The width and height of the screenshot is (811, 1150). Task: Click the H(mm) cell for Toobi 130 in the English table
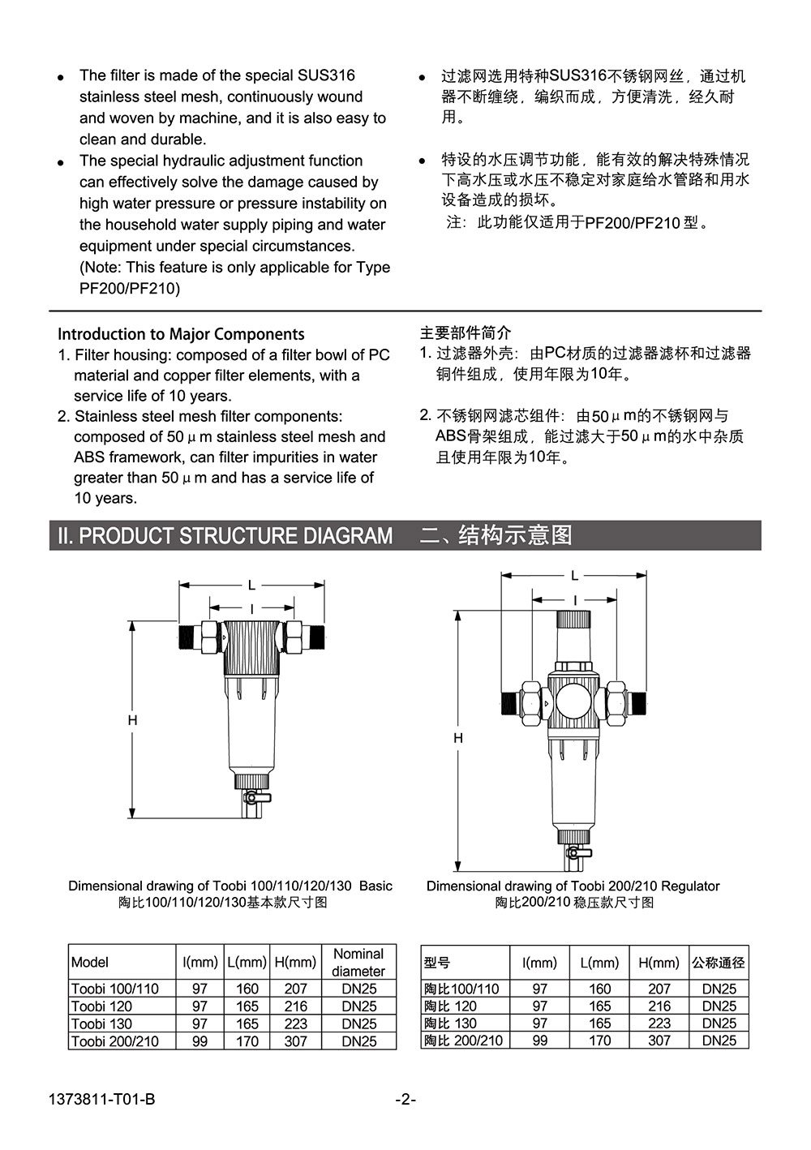tap(295, 1023)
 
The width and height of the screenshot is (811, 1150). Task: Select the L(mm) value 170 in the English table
tap(247, 1041)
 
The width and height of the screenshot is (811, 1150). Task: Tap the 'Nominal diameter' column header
tap(358, 963)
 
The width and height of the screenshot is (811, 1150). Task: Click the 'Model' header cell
tap(90, 963)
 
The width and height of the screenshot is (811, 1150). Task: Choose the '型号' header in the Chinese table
tap(437, 963)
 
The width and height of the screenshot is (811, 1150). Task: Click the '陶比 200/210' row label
tap(464, 1041)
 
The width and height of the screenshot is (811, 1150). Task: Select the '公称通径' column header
tap(719, 963)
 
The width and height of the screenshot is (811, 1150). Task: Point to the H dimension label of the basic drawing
tap(132, 720)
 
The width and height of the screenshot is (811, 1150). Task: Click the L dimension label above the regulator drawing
tap(574, 576)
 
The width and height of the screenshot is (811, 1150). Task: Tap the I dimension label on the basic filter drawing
tap(251, 607)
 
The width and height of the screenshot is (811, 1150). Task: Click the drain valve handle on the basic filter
tap(251, 799)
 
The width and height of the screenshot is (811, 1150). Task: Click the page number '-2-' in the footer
tap(405, 1100)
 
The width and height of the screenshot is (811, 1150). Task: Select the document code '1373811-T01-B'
tap(101, 1100)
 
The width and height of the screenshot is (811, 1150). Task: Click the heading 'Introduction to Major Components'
tap(181, 334)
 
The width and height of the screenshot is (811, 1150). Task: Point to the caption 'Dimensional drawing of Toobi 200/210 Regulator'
tap(573, 886)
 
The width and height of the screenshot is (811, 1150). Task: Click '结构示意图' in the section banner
tap(516, 535)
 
